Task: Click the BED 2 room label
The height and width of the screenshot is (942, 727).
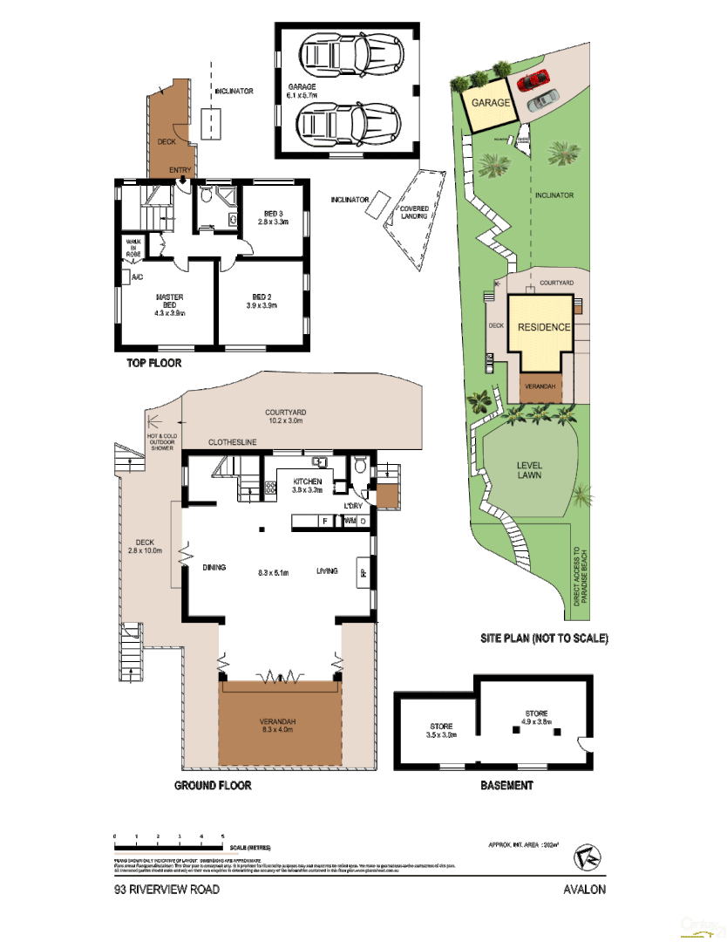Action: coord(261,302)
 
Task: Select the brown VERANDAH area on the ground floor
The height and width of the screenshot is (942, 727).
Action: coord(279,723)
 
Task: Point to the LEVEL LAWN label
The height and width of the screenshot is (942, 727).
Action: coord(530,469)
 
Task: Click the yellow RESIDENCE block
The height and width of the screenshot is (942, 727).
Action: coord(543,328)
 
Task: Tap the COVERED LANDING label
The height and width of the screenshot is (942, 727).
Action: coord(413,212)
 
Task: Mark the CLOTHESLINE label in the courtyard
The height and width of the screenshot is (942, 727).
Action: coord(232,443)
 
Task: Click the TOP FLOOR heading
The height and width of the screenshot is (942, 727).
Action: coord(153,363)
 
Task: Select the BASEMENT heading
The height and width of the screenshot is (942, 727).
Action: coord(506,786)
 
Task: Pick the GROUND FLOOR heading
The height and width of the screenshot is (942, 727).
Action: coord(213,786)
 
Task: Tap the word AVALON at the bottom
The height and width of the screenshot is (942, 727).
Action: coord(584,890)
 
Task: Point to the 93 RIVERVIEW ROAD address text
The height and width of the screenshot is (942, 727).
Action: coord(167,890)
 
